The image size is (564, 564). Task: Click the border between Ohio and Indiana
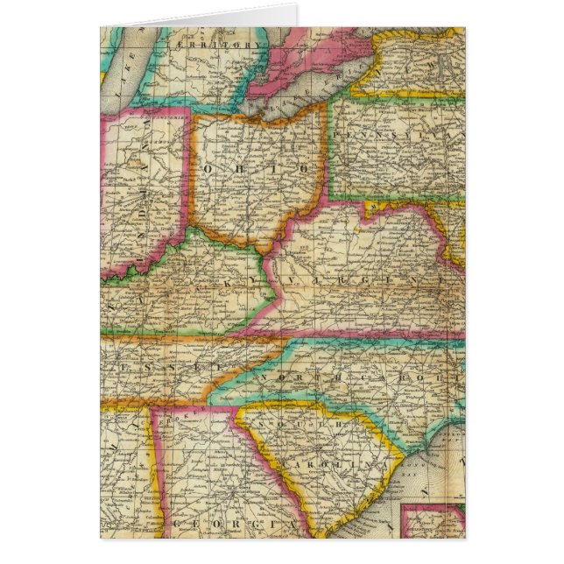tap(190, 175)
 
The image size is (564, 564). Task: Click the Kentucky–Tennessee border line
tap(175, 335)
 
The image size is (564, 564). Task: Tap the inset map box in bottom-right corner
tap(433, 522)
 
